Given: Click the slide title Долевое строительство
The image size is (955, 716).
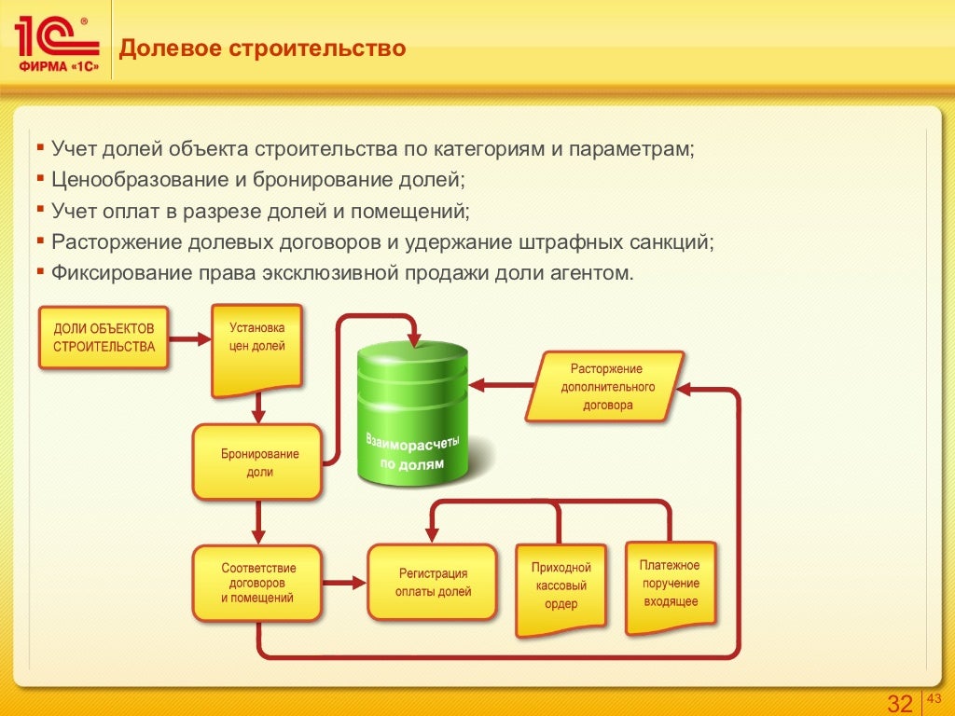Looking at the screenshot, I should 262,48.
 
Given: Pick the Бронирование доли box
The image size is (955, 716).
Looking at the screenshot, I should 257,462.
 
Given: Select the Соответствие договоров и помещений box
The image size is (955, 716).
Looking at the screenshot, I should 257,583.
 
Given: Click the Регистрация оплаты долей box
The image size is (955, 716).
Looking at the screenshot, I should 432,583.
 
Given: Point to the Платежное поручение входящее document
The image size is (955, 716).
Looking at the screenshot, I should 670,584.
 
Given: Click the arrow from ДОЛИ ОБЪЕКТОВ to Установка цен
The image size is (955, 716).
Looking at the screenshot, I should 190,340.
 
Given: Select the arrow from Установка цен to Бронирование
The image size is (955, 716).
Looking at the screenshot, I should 258,407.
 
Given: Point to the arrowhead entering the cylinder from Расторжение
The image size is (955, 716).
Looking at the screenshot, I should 477,385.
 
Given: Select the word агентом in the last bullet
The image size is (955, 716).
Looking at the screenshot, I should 598,273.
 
